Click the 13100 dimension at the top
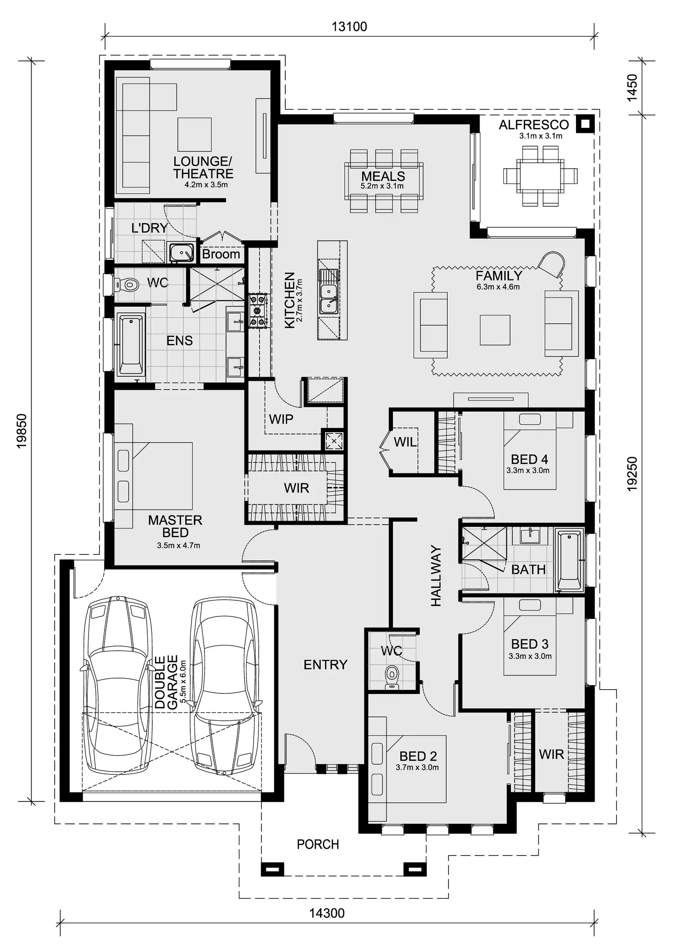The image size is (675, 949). pyautogui.click(x=349, y=27)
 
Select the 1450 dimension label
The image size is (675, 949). pyautogui.click(x=632, y=88)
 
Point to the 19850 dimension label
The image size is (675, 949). pyautogui.click(x=22, y=431)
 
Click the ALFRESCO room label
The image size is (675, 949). pyautogui.click(x=534, y=125)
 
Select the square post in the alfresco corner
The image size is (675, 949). pyautogui.click(x=585, y=124)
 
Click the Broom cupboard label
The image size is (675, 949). pyautogui.click(x=221, y=254)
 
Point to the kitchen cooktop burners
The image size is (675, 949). pyautogui.click(x=258, y=311)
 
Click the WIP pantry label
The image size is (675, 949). pyautogui.click(x=281, y=419)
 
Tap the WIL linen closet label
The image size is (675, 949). pyautogui.click(x=405, y=442)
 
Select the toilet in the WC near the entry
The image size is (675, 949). pyautogui.click(x=392, y=676)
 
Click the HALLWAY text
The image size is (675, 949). pyautogui.click(x=436, y=576)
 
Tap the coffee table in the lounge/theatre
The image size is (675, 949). pyautogui.click(x=194, y=134)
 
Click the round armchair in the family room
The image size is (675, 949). pyautogui.click(x=552, y=264)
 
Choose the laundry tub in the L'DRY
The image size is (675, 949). pyautogui.click(x=182, y=252)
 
